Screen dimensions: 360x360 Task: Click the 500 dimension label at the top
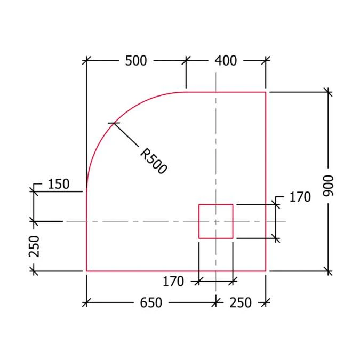(x=136, y=61)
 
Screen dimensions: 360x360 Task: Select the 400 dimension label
(x=226, y=61)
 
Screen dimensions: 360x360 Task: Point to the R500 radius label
(x=154, y=161)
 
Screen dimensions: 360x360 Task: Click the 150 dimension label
(x=59, y=185)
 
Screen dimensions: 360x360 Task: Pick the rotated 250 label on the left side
(x=35, y=246)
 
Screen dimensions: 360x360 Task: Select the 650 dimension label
(x=151, y=302)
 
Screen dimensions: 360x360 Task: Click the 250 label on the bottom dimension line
(x=240, y=302)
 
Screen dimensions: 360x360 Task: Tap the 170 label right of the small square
(x=300, y=197)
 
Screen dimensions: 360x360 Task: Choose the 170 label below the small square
(x=173, y=281)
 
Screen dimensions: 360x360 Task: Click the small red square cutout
(x=216, y=221)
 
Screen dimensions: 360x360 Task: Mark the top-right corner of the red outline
(x=266, y=92)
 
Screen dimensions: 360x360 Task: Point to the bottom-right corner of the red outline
(x=266, y=271)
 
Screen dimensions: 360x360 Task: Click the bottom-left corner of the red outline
(x=86, y=271)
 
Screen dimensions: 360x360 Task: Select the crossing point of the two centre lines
(x=215, y=221)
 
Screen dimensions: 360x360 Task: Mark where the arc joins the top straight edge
(x=186, y=92)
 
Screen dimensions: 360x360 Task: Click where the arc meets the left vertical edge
(x=86, y=190)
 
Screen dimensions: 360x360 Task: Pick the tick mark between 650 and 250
(x=215, y=302)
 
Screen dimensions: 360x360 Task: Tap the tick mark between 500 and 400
(x=186, y=61)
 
